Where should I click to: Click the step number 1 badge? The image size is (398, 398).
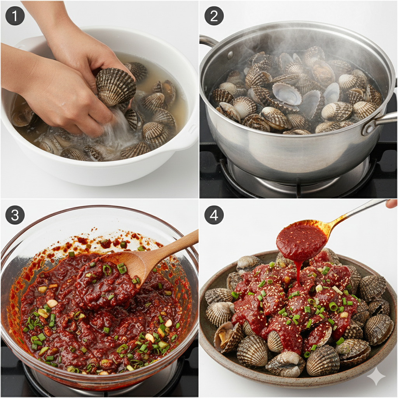click(15, 16)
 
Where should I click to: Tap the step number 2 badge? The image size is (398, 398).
click(214, 16)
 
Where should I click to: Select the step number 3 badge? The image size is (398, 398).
click(15, 215)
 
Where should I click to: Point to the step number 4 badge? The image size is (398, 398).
click(214, 215)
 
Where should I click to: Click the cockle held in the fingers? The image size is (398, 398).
click(115, 87)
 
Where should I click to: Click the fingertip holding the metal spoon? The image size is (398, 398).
click(393, 203)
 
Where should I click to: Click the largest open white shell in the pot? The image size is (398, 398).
click(286, 94)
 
